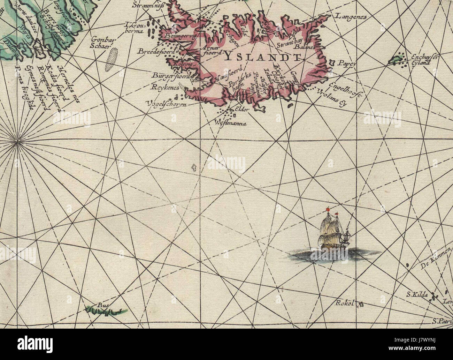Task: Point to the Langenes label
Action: tap(351, 16)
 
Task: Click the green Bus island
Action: tap(106, 309)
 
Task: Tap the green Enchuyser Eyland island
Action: tap(397, 60)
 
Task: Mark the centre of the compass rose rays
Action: tap(17, 141)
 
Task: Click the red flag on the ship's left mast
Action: tap(327, 209)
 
